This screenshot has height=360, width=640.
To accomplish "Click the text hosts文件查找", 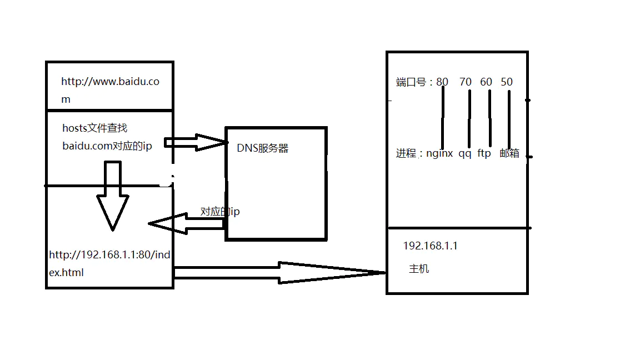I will [94, 128].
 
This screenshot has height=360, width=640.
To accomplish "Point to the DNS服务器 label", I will [262, 149].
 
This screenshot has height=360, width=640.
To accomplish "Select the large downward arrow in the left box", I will [113, 197].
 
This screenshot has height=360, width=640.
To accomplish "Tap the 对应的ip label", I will [220, 212].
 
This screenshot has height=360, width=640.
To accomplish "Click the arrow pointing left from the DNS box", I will [183, 223].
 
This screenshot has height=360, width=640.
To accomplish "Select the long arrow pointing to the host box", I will [278, 272].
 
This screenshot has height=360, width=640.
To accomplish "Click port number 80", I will [442, 82].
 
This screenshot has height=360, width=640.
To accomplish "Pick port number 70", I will [466, 82].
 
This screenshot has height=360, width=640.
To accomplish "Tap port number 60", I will [486, 82].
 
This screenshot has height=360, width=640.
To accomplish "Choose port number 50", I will [507, 82].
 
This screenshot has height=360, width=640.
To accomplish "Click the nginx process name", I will [439, 153].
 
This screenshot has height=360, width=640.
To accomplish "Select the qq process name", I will [464, 153].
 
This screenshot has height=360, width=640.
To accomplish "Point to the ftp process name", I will [484, 153].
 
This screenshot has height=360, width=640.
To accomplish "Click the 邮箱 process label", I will [509, 153].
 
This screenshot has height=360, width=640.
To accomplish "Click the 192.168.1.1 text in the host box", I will [430, 246].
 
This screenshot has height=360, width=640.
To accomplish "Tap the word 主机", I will [419, 269].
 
